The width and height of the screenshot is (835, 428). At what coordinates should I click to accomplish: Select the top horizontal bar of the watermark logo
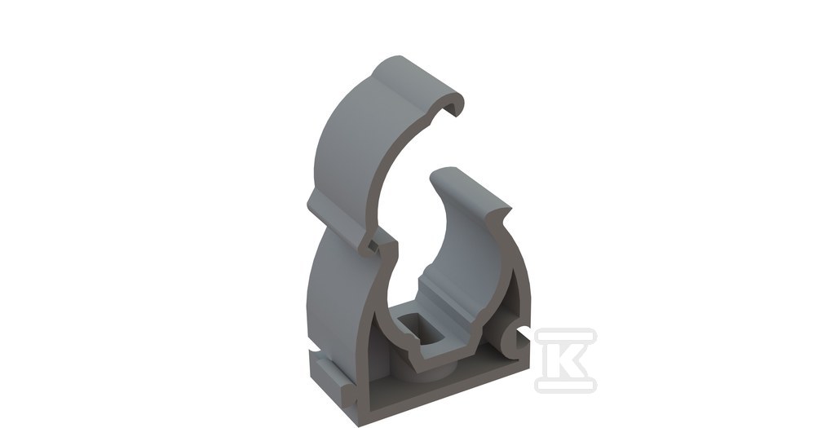[x=566, y=336]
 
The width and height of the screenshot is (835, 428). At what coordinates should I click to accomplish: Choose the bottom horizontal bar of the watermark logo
[x=566, y=385]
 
